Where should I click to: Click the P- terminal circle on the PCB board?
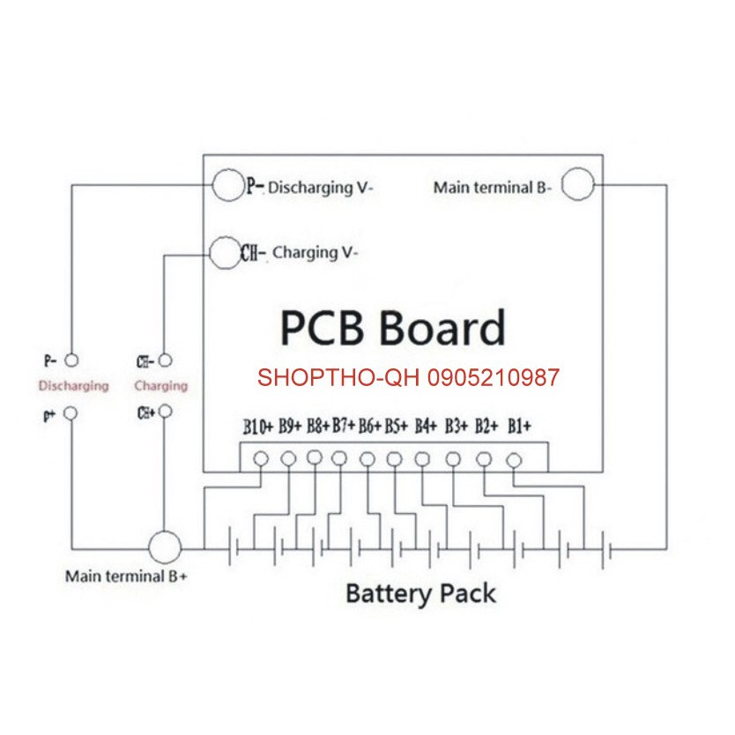226,186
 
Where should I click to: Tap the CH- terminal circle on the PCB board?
224,252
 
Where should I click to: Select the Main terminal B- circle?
579,186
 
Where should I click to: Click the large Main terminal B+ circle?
164,547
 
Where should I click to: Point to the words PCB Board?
392,328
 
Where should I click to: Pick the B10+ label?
259,428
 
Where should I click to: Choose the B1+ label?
519,428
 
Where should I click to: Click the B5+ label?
397,428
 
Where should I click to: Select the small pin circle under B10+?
261,458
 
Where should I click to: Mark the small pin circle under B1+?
514,458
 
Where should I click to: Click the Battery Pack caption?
420,593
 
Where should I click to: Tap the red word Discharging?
73,385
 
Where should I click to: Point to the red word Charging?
160,385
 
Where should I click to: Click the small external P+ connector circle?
72,412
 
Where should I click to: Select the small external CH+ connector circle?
164,412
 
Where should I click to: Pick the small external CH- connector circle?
164,360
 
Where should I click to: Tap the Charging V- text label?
315,253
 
